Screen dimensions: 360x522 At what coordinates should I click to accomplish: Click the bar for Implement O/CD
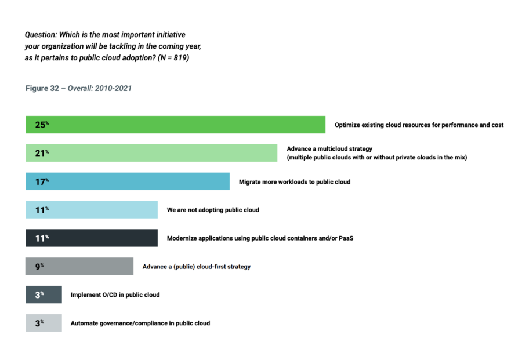point(43,294)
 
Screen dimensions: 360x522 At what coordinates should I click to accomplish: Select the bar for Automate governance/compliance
point(43,323)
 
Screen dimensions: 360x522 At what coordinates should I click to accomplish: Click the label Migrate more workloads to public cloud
point(295,182)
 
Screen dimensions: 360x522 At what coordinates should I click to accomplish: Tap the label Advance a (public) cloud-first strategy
point(197,267)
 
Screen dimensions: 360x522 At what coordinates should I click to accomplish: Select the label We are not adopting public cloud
point(213,210)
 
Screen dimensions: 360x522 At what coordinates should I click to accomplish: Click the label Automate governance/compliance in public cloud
point(140,323)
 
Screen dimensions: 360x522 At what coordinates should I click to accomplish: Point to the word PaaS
point(346,238)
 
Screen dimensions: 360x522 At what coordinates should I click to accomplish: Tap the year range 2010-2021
point(115,88)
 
